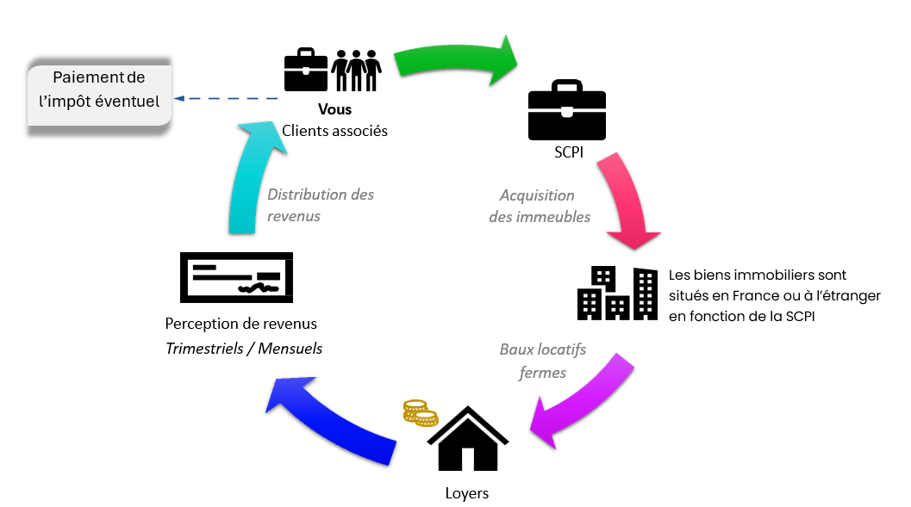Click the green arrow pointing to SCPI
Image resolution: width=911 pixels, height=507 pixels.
tap(457, 59)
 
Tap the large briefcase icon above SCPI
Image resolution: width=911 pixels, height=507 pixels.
tap(566, 112)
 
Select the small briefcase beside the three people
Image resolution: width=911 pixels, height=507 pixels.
tap(306, 71)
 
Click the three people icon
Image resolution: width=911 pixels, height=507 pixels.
tap(357, 71)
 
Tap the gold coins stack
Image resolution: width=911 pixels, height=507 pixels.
tap(421, 413)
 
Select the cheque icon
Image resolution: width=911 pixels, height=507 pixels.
tap(236, 277)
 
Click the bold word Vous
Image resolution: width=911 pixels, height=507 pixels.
tap(335, 110)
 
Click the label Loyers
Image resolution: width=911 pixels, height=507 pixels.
tap(467, 493)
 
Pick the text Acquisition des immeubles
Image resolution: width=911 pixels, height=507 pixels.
tap(540, 207)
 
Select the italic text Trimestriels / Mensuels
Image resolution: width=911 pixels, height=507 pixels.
tap(244, 349)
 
